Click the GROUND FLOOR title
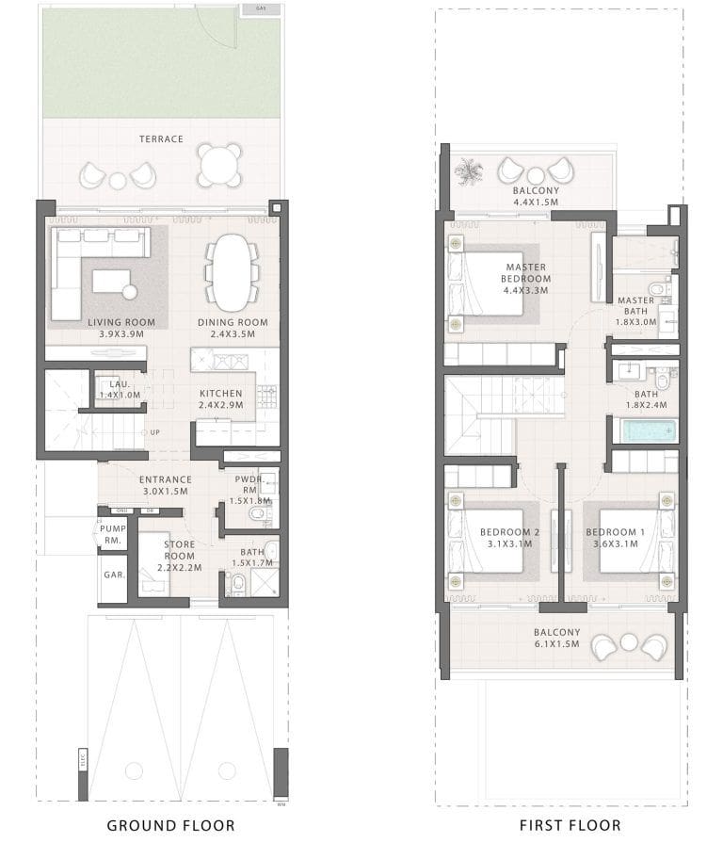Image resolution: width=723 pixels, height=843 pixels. click(170, 825)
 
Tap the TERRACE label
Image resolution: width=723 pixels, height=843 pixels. click(162, 139)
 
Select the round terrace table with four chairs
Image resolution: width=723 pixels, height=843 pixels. click(220, 165)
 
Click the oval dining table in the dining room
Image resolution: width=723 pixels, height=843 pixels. click(233, 271)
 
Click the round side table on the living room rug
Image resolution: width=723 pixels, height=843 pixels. click(130, 291)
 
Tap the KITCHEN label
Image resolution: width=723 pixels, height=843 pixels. click(221, 394)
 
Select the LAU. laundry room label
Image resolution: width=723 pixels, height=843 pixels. click(119, 384)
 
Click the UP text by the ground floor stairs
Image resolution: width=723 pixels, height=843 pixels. click(153, 432)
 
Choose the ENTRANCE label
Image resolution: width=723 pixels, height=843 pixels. click(166, 479)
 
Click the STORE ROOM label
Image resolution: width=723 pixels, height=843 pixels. click(180, 550)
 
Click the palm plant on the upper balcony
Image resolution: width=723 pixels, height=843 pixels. click(468, 171)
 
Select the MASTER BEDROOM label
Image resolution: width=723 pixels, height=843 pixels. click(525, 273)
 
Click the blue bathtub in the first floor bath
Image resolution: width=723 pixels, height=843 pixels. click(644, 431)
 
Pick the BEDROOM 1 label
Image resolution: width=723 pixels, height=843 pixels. click(615, 532)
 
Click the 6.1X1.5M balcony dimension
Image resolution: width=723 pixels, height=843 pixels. click(557, 644)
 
